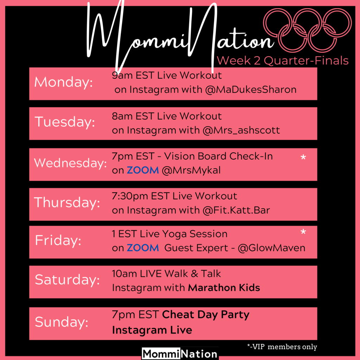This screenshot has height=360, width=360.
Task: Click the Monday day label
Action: click(63, 82)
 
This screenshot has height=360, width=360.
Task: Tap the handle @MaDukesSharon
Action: click(251, 90)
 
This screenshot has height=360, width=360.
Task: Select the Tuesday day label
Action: click(65, 122)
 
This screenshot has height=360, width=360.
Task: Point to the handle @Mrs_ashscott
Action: click(241, 130)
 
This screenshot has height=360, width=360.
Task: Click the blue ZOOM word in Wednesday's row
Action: click(143, 171)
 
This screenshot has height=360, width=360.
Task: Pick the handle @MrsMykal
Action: click(191, 171)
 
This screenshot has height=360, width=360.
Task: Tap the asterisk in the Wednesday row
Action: click(303, 157)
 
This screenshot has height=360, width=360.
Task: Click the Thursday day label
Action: click(67, 202)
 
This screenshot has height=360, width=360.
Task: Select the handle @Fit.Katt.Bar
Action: click(236, 210)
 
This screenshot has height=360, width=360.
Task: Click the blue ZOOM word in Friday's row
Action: click(143, 248)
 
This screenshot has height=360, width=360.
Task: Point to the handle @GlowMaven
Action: click(272, 248)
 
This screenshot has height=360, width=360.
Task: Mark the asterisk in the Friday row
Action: click(303, 232)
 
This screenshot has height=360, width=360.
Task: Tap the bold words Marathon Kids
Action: click(224, 288)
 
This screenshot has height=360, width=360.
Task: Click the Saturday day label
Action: click(67, 280)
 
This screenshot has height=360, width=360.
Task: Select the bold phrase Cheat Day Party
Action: click(206, 315)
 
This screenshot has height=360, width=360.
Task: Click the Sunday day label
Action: click(62, 322)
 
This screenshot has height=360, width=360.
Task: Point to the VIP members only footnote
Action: click(282, 346)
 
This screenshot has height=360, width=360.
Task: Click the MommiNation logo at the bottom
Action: click(180, 354)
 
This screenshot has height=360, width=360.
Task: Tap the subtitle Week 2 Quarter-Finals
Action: click(283, 61)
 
